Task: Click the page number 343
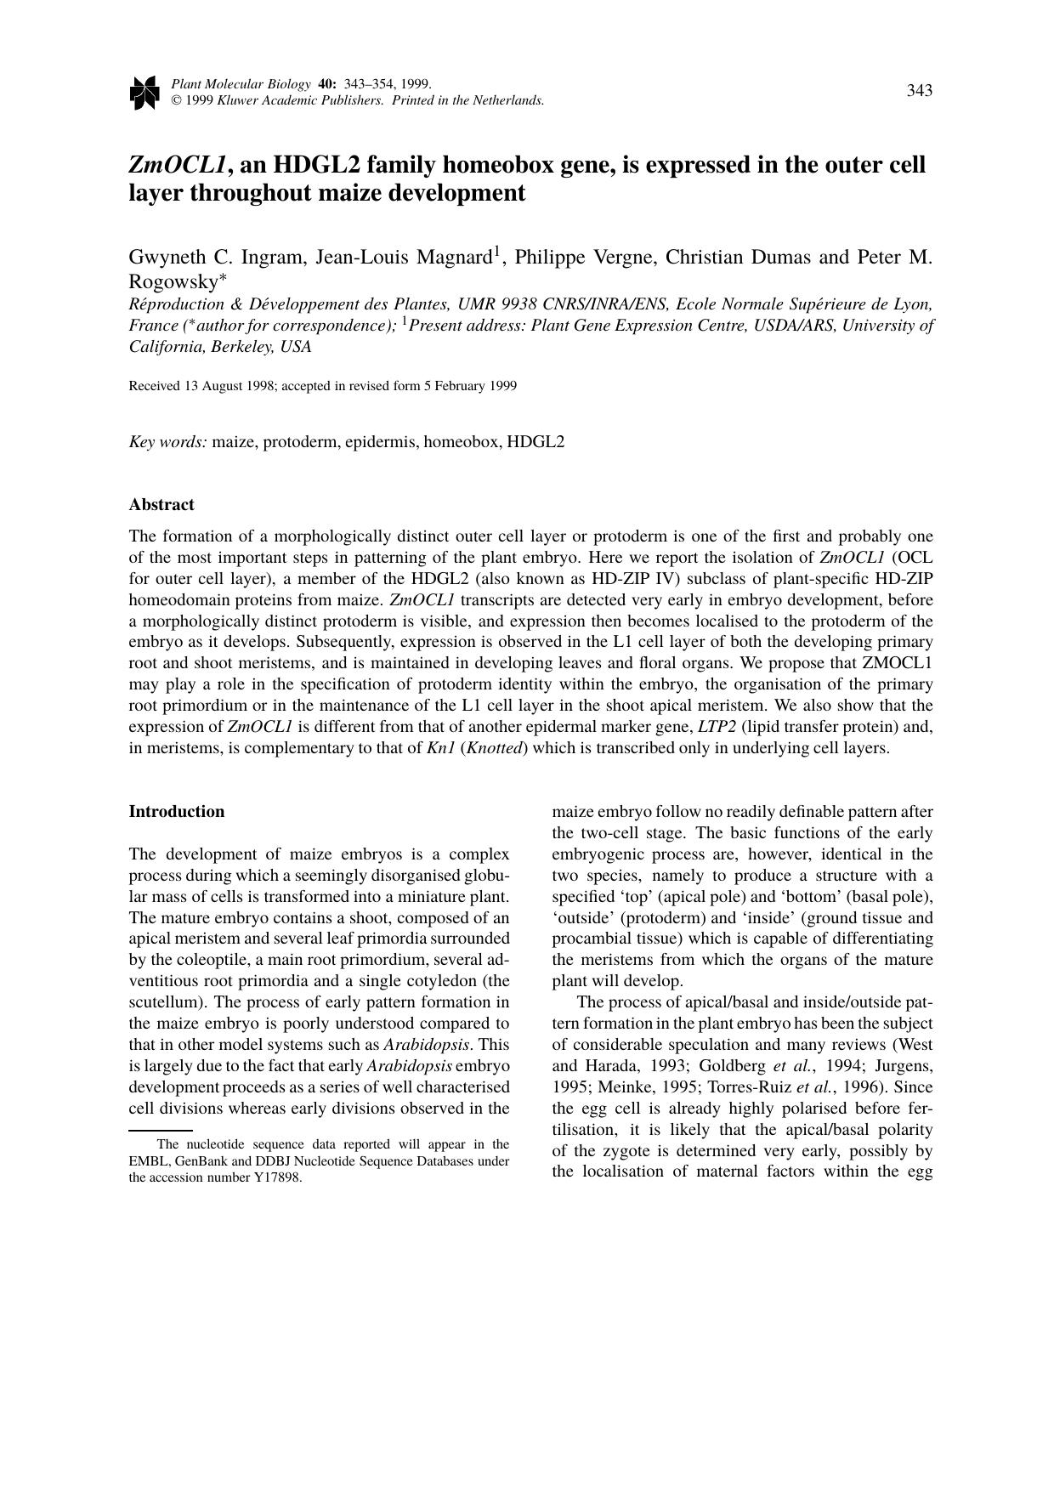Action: pos(920,91)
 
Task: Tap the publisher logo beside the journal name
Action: pos(144,93)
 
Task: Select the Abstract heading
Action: pos(161,504)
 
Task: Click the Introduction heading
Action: pos(177,811)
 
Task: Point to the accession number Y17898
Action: pos(278,1177)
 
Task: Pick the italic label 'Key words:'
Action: pos(167,441)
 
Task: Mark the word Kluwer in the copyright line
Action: pos(241,100)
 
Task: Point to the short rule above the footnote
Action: pos(161,1130)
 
